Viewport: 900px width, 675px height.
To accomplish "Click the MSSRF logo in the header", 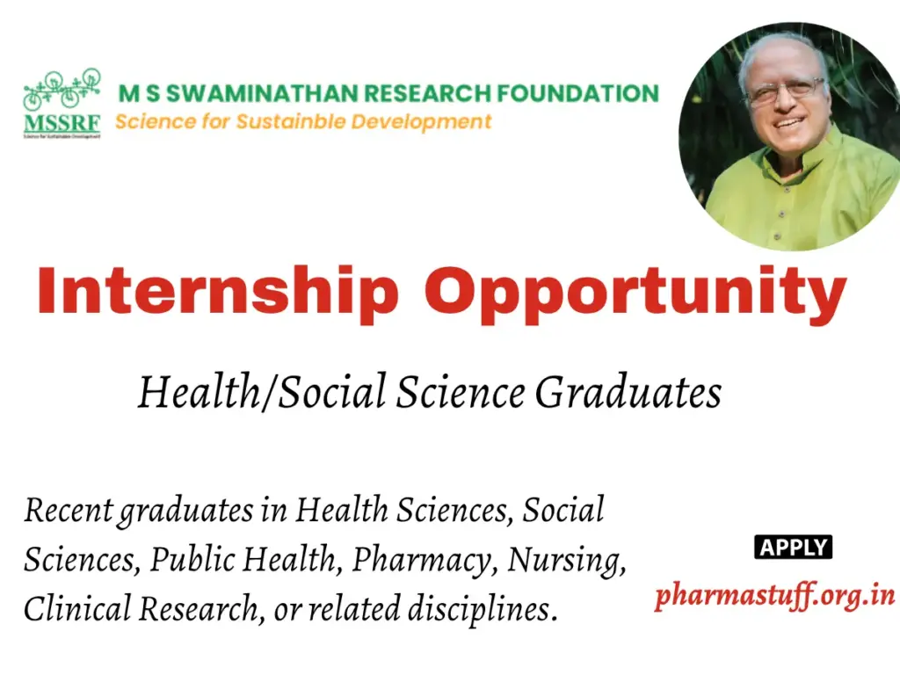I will pyautogui.click(x=62, y=104).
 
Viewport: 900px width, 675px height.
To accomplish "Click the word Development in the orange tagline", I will pyautogui.click(x=422, y=121).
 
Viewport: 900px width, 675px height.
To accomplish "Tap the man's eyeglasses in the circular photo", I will pyautogui.click(x=784, y=91).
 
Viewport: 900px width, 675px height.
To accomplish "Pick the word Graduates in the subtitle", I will pyautogui.click(x=628, y=392).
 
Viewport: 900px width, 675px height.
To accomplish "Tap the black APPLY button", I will pyautogui.click(x=793, y=548).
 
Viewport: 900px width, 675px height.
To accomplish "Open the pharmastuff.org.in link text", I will pyautogui.click(x=774, y=595).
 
